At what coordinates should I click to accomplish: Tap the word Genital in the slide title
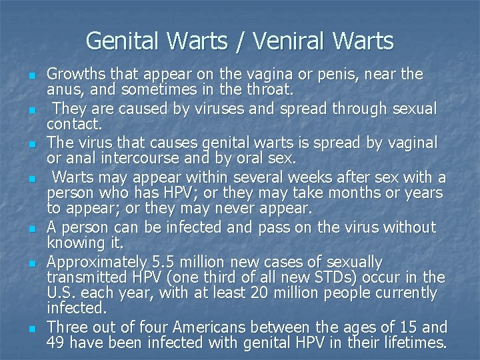point(123,41)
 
